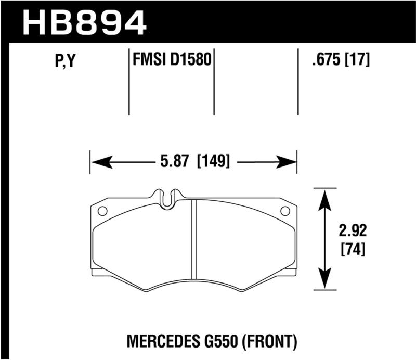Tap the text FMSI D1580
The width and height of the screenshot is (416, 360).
[x=172, y=60]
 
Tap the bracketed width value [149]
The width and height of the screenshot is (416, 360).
[x=213, y=162]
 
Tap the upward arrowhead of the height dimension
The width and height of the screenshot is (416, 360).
[x=325, y=198]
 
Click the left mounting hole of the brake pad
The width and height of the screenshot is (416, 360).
[x=102, y=212]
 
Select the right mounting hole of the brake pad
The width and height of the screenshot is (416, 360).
[x=285, y=212]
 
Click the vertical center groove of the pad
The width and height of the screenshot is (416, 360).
[x=193, y=239]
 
